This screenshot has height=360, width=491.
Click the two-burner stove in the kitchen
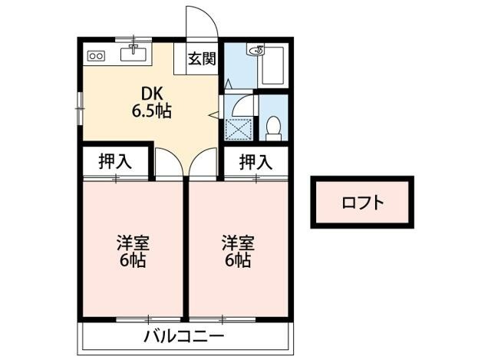(97, 55)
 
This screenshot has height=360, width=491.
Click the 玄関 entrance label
(203, 58)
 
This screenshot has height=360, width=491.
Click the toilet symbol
(273, 127)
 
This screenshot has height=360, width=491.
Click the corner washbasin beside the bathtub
(255, 51)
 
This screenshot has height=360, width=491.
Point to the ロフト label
(362, 203)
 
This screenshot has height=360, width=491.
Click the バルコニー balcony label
(184, 337)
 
